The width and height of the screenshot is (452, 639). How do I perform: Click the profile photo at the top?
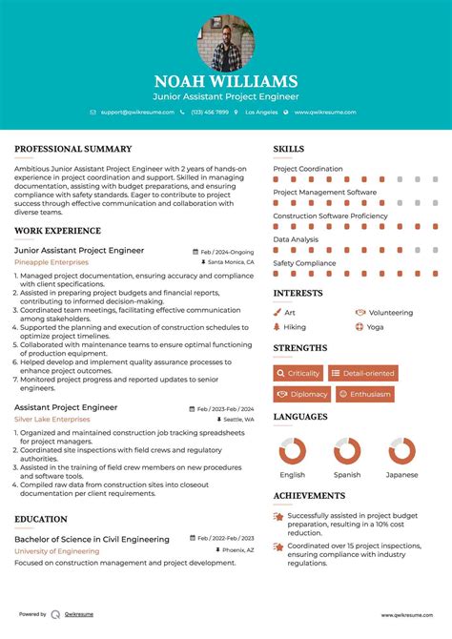click(226, 44)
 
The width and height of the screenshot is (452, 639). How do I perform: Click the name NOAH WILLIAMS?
click(226, 82)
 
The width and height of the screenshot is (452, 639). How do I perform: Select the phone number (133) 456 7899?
click(209, 113)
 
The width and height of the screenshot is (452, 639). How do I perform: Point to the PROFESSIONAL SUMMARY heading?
click(72, 149)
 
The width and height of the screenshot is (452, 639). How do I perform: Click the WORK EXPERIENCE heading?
click(57, 231)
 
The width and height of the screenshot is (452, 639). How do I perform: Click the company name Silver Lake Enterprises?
click(52, 419)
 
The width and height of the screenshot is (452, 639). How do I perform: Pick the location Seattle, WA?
click(238, 419)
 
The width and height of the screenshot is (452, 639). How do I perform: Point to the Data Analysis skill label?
click(296, 239)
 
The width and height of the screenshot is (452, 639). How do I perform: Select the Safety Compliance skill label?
click(304, 262)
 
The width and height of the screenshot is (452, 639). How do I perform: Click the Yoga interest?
click(375, 326)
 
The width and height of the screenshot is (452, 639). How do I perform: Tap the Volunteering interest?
click(389, 312)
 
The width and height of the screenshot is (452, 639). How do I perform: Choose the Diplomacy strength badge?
click(301, 394)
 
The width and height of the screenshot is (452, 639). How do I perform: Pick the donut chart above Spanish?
click(347, 452)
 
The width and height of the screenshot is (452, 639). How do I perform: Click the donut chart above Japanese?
click(401, 452)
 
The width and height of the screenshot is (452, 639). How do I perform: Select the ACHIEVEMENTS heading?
click(309, 496)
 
